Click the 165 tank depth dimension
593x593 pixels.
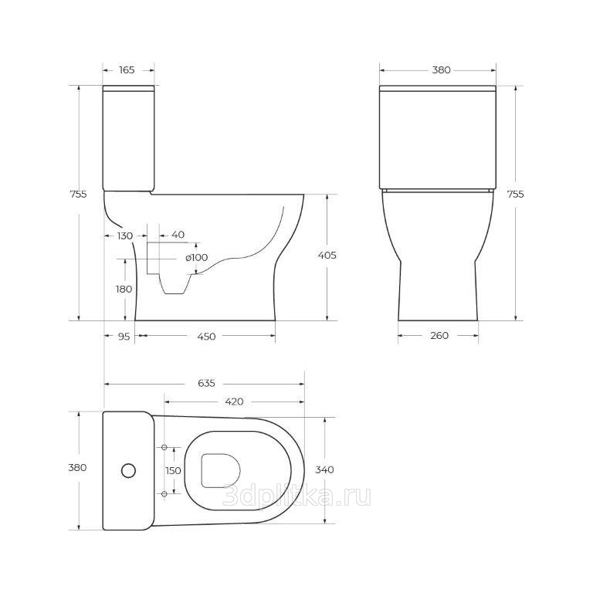127,70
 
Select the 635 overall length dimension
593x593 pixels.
206,383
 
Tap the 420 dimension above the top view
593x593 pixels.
234,402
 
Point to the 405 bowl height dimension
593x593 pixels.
327,256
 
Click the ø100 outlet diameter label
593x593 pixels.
197,258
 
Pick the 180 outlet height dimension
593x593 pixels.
124,289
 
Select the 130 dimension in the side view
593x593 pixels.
125,236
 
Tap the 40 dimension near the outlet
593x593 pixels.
178,235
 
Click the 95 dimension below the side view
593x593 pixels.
124,336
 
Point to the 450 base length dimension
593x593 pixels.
206,336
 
